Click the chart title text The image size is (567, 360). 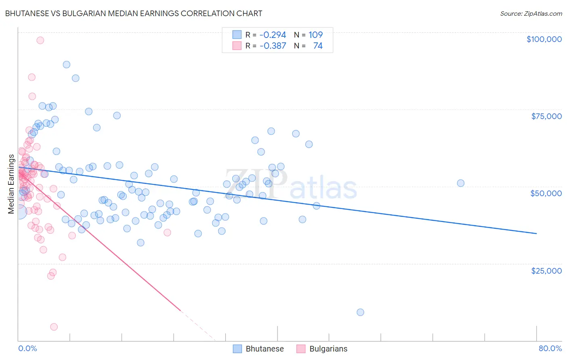pyautogui.click(x=133, y=13)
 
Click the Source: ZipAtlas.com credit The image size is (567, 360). pyautogui.click(x=531, y=13)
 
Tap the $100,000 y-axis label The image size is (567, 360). pyautogui.click(x=544, y=39)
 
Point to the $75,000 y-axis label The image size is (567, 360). pyautogui.click(x=546, y=116)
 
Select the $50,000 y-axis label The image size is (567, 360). pyautogui.click(x=546, y=193)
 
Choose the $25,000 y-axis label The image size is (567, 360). pyautogui.click(x=546, y=270)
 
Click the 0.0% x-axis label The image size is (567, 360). pyautogui.click(x=27, y=348)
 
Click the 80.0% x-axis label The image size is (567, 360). pyautogui.click(x=550, y=348)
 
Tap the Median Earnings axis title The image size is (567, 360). pyautogui.click(x=11, y=184)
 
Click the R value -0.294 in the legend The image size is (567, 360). pyautogui.click(x=273, y=35)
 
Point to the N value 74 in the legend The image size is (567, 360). pyautogui.click(x=318, y=46)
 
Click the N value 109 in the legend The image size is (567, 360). pyautogui.click(x=315, y=35)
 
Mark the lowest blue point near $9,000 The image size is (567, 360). pyautogui.click(x=360, y=312)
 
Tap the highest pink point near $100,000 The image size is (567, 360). pyautogui.click(x=40, y=40)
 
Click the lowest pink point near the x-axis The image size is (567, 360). pyautogui.click(x=54, y=327)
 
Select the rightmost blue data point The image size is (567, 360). pyautogui.click(x=461, y=183)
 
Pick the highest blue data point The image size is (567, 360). pyautogui.click(x=67, y=65)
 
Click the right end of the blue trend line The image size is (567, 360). pyautogui.click(x=536, y=233)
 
